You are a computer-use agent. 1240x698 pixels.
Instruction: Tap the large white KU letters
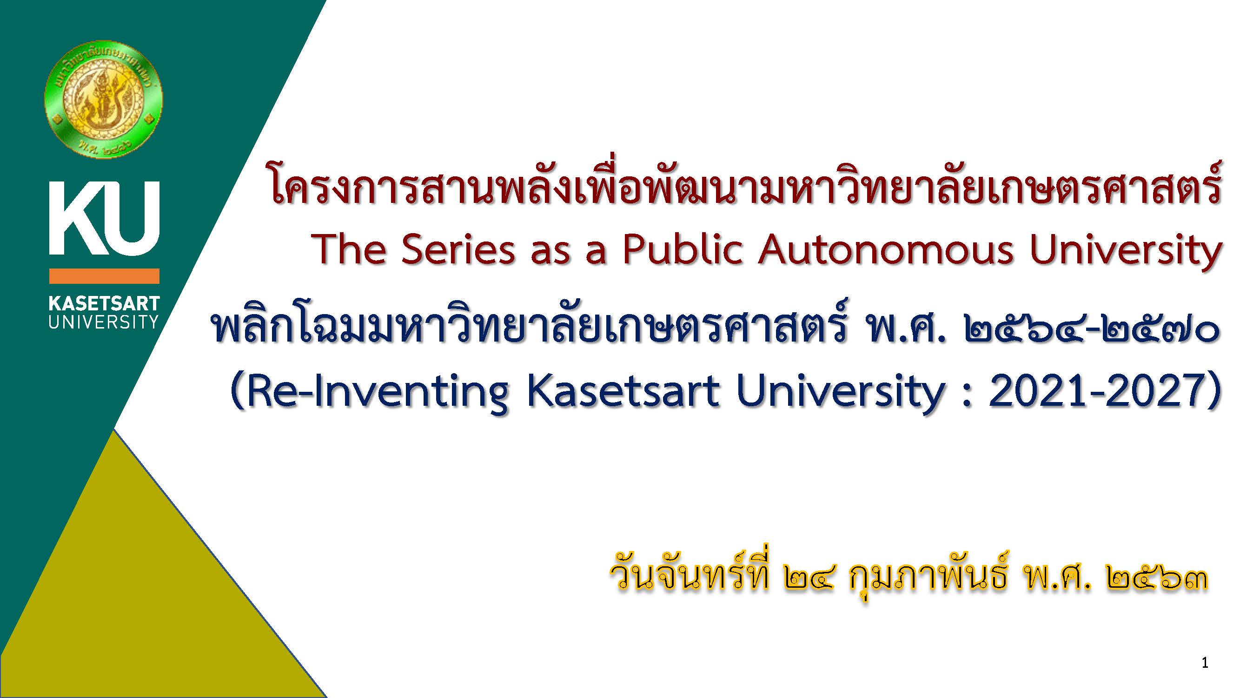coord(105,218)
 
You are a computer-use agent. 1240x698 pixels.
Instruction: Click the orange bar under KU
coord(105,276)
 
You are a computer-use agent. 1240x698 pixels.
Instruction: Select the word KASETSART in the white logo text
coord(105,303)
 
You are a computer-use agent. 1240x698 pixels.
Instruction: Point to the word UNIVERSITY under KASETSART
coord(104,322)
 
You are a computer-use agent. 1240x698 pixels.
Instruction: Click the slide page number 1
coord(1205,663)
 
